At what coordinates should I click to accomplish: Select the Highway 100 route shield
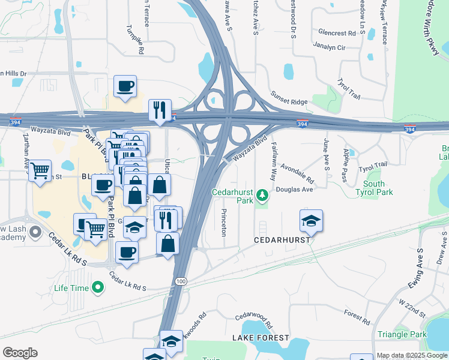pos(181,281)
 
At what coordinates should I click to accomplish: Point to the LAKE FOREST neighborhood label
pos(258,338)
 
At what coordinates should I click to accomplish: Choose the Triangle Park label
pos(402,334)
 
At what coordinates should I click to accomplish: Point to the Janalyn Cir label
pos(329,46)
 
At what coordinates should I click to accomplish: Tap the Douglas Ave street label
pos(295,190)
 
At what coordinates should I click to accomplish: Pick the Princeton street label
pos(223,222)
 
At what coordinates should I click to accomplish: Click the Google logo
pos(20,353)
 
